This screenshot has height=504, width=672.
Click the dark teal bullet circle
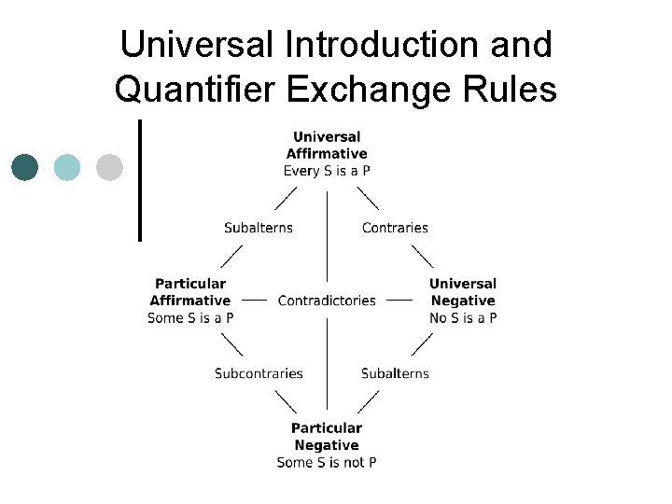25,167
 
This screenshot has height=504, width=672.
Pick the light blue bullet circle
67,167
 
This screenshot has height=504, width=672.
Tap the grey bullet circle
109,167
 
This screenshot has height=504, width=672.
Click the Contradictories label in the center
327,301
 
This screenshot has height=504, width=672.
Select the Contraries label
395,228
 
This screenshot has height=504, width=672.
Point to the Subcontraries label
259,373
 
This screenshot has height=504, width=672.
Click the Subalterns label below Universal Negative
395,373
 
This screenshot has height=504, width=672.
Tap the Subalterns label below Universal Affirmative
259,228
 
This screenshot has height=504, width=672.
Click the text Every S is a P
327,171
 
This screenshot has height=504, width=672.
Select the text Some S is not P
327,463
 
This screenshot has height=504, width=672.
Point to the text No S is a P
463,317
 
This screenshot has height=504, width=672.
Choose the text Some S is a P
190,317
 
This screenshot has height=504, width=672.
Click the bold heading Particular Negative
327,437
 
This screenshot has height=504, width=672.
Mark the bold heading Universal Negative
463,291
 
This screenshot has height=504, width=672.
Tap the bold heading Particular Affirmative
190,291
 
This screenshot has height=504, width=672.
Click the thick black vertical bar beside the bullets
140,179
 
